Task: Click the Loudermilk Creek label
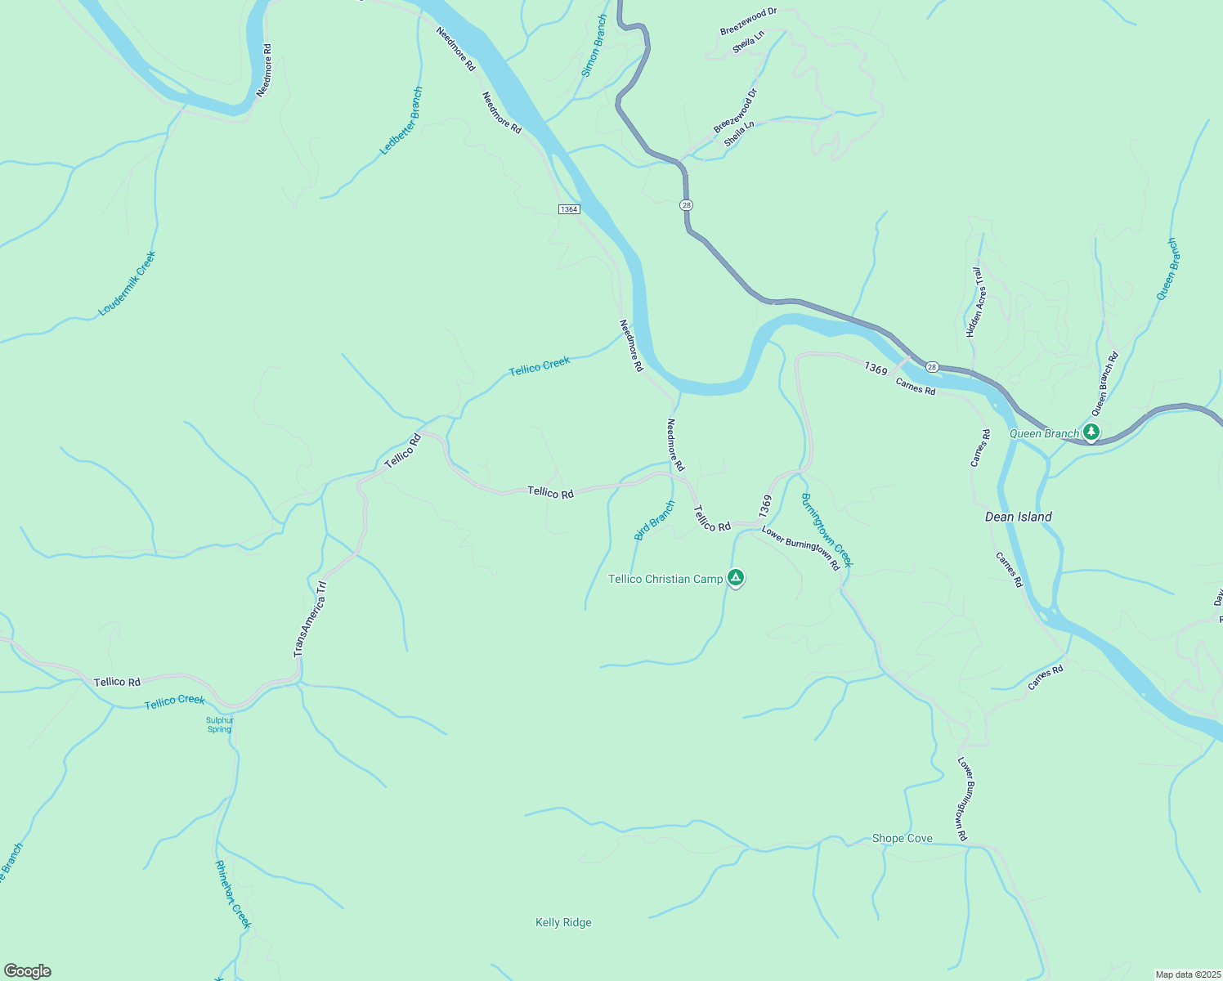tap(127, 284)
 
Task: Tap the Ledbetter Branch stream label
tap(402, 121)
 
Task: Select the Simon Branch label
tap(594, 46)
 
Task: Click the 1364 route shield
tap(569, 209)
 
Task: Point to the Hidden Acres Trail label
tap(976, 302)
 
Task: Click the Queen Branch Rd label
tap(1104, 383)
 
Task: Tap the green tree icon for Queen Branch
tap(1091, 431)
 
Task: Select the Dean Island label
tap(1018, 517)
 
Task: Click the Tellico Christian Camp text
tap(665, 579)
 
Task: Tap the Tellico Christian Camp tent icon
tap(736, 578)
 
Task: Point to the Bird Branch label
tap(655, 521)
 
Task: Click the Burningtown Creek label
tap(827, 530)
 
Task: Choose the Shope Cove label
tap(902, 838)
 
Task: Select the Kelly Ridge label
tap(563, 922)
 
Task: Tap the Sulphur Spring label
tap(219, 725)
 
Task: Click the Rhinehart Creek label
tap(232, 894)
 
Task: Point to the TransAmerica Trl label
tap(310, 619)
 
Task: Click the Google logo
tap(27, 971)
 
